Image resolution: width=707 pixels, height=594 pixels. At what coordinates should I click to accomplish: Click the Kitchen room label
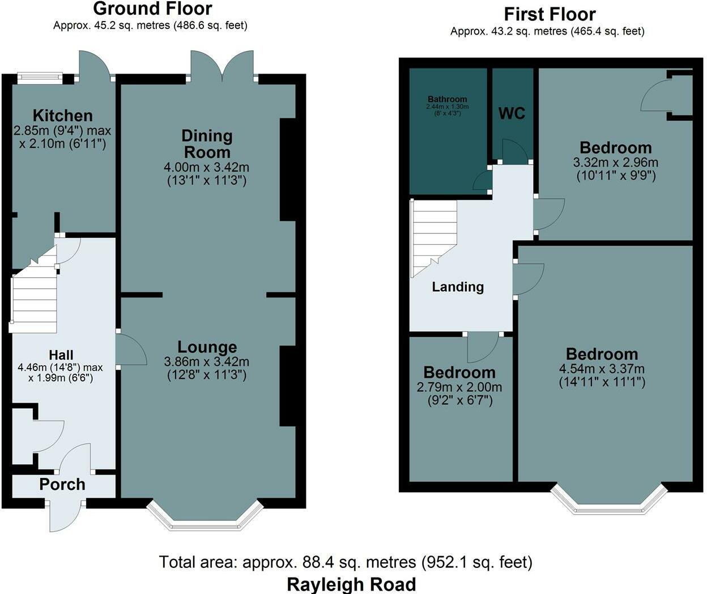point(63,116)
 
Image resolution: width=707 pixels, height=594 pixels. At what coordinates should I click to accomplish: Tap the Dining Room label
point(207,144)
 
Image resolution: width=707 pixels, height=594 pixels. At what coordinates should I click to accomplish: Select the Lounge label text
point(207,347)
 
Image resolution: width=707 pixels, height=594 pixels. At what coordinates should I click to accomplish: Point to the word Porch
point(62,484)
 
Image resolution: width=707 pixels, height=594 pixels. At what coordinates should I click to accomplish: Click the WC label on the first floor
point(512,113)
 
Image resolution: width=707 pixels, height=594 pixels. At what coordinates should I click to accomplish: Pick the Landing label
point(458,287)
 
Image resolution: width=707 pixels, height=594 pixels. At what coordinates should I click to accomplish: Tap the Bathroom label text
point(448,99)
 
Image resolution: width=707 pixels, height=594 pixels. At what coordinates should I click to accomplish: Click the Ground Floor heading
point(153,9)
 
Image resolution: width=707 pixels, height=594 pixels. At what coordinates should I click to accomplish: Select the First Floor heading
point(550,15)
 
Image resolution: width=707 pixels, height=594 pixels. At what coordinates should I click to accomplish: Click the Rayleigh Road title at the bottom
point(351,584)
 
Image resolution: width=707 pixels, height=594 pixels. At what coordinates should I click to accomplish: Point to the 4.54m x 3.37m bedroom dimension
point(602,369)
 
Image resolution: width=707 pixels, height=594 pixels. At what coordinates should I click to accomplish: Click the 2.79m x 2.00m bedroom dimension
point(459,387)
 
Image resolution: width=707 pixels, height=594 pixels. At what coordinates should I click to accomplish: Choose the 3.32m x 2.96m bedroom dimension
point(616,163)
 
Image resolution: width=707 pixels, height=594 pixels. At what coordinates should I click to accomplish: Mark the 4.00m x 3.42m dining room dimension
point(207,167)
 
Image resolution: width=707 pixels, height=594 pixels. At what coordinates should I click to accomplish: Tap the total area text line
point(346,562)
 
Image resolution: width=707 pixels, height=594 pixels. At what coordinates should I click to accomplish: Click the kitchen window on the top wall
point(40,79)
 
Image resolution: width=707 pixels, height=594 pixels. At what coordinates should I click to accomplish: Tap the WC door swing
point(515,151)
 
